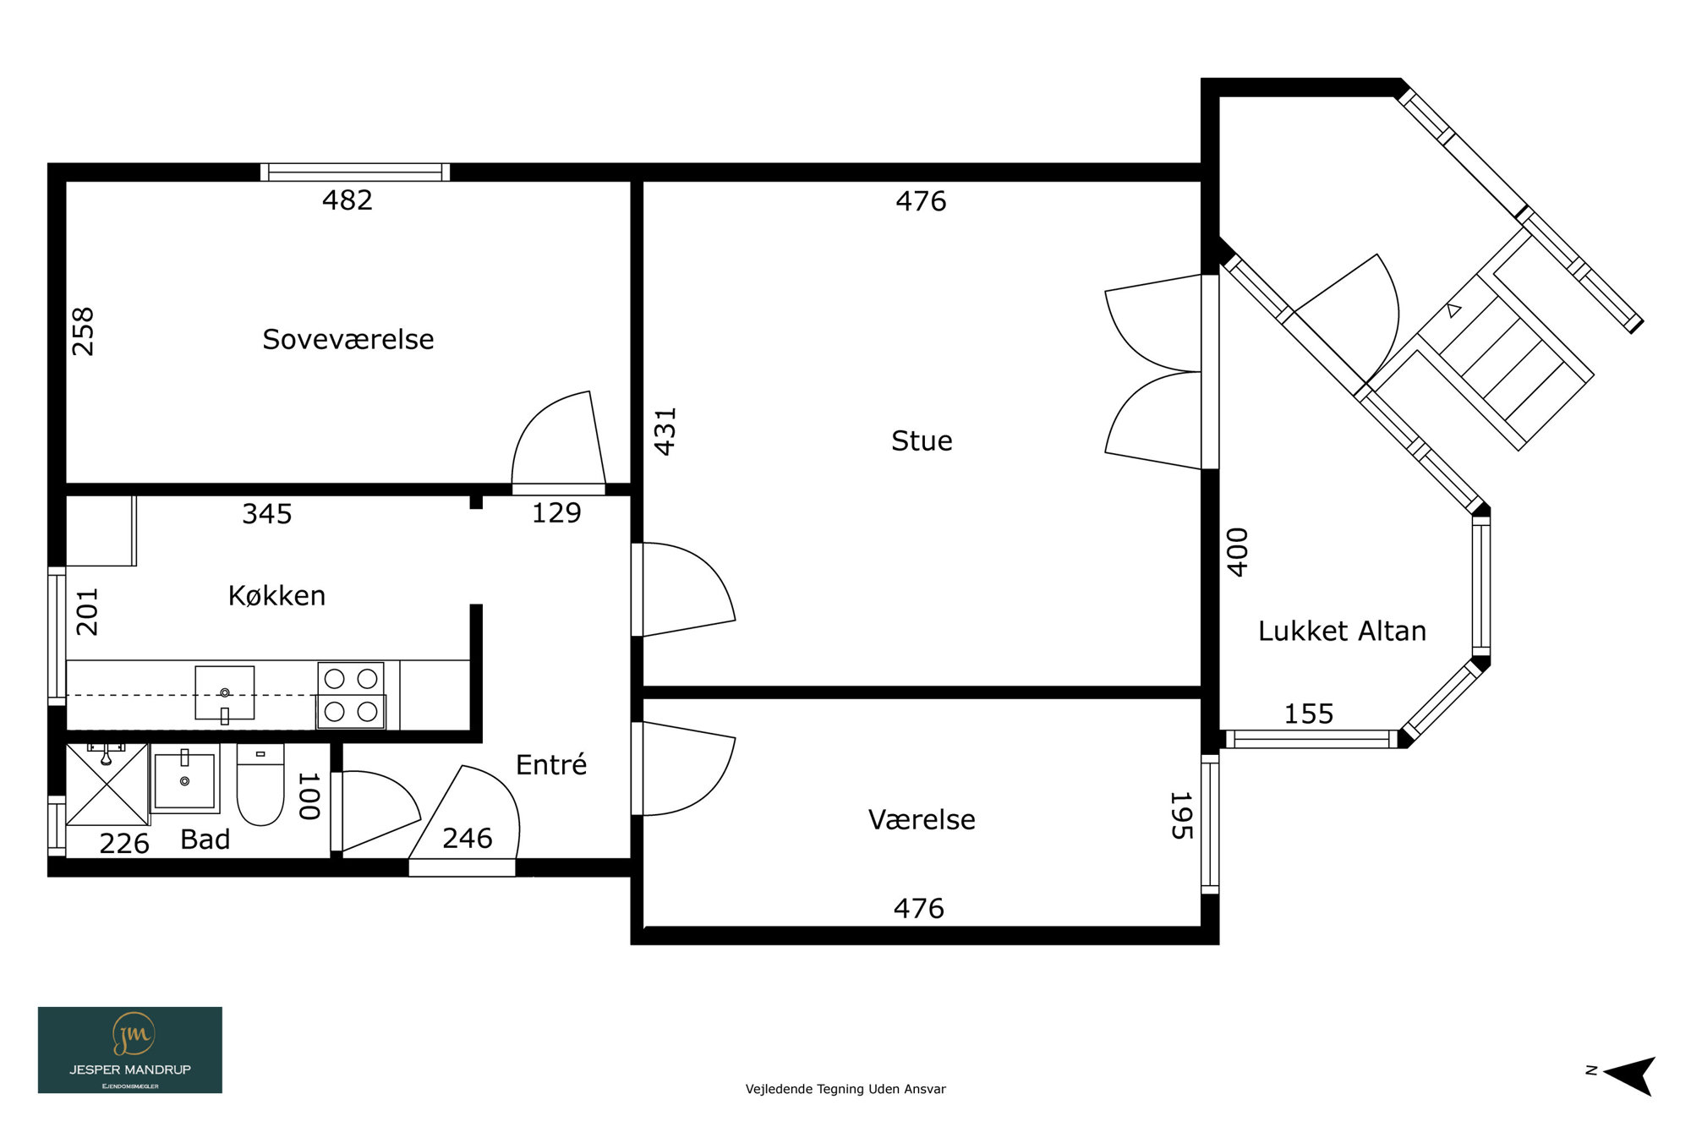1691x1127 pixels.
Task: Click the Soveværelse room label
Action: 348,339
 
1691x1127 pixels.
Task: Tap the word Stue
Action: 922,440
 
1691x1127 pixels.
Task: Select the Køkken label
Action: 276,595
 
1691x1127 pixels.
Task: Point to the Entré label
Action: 551,764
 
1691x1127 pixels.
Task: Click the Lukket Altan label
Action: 1342,631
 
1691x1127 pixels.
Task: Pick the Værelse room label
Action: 922,819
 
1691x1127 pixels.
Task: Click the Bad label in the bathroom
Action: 205,839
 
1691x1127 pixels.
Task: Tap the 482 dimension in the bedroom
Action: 348,200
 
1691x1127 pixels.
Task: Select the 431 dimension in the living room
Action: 665,432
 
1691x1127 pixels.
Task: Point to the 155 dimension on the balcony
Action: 1309,714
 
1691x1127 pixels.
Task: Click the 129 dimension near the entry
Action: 556,512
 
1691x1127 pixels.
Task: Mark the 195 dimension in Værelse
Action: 1181,816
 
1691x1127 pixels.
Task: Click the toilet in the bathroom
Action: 260,784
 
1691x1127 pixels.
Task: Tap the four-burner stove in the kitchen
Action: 351,695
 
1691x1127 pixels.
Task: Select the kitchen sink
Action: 225,693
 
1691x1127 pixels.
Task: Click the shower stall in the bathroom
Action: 107,784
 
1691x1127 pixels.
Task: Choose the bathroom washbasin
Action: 185,779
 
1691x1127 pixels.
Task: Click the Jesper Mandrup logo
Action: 130,1050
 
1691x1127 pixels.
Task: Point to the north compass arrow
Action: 1629,1075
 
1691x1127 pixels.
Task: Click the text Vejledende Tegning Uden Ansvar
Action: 845,1089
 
